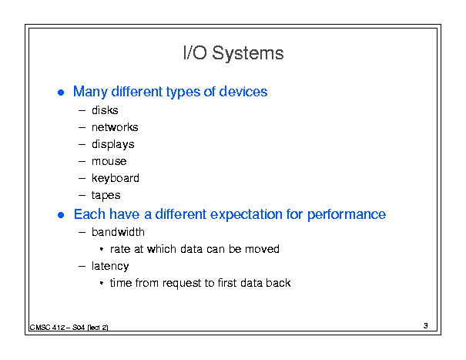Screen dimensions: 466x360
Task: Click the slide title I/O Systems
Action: coord(233,53)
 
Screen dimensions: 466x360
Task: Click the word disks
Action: coord(105,110)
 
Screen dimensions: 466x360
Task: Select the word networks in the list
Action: coord(115,127)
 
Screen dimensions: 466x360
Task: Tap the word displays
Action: coord(113,145)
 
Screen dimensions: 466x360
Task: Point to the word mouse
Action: coord(109,162)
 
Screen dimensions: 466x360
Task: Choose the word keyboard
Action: coord(116,179)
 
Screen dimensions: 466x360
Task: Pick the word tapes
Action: coord(106,196)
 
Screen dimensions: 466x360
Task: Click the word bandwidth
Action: coord(118,232)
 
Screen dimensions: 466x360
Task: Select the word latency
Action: coord(110,266)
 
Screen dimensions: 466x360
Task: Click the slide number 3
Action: coord(426,326)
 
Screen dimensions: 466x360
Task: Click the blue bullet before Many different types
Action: coord(61,93)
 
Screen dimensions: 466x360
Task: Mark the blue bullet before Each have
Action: coord(61,215)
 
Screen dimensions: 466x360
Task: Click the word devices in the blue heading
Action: coord(243,92)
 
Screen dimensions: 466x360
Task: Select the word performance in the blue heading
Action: coord(347,214)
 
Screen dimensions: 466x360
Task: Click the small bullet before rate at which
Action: coord(102,249)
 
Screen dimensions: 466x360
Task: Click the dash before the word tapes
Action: coord(82,196)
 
